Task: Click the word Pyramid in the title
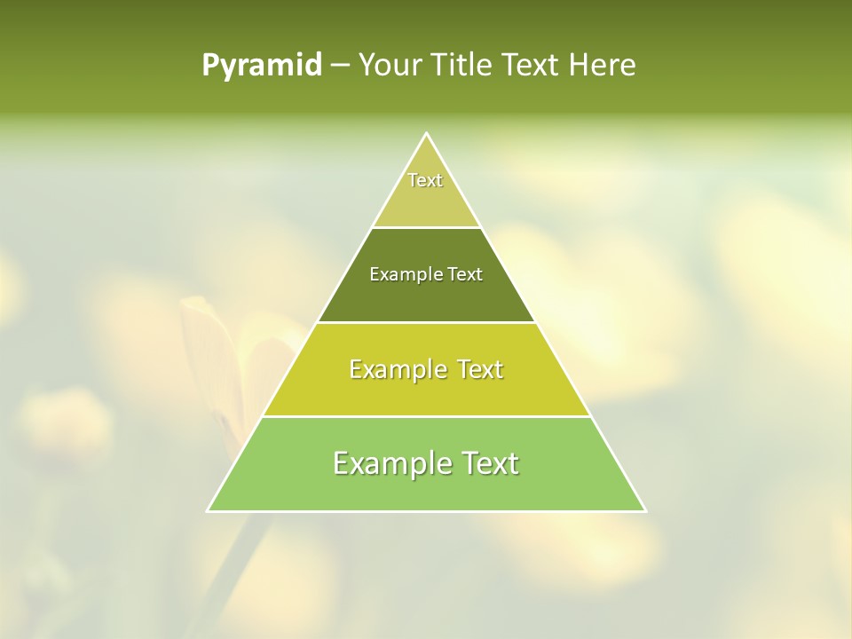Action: tap(262, 66)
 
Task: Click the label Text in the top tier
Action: tap(425, 180)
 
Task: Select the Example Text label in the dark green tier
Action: tap(426, 275)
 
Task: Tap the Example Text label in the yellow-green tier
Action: tap(426, 369)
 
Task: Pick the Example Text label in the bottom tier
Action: tap(426, 463)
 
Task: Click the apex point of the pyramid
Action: tap(427, 134)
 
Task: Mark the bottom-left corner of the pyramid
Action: tap(209, 510)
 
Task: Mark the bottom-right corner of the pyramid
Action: tap(644, 510)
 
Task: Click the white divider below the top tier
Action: tap(426, 227)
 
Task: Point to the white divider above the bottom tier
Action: tap(426, 416)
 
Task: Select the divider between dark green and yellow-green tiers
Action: tap(426, 322)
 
